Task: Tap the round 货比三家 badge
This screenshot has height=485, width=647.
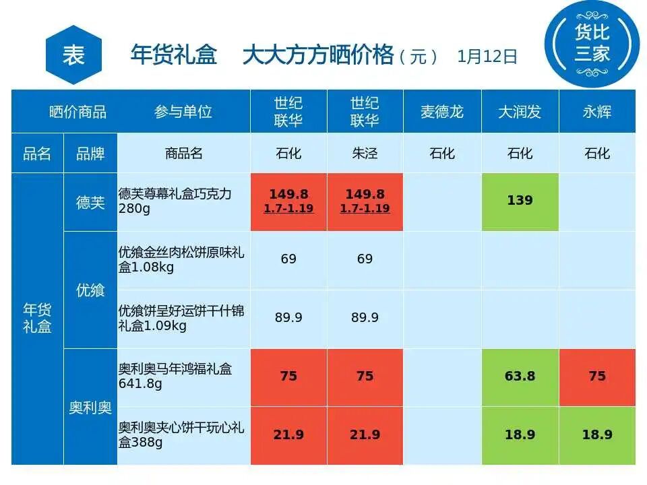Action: [x=592, y=43]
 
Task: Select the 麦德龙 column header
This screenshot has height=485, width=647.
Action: [x=441, y=112]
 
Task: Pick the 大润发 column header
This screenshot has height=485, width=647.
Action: [x=520, y=112]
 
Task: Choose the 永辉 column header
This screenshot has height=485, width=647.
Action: [x=597, y=112]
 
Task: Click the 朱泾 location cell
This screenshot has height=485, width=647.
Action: [x=365, y=154]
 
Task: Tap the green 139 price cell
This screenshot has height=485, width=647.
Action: [x=520, y=201]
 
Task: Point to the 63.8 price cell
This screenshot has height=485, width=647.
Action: [x=520, y=376]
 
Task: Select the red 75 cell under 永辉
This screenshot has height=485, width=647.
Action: [x=597, y=376]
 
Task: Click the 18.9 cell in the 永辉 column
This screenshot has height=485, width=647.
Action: [x=597, y=435]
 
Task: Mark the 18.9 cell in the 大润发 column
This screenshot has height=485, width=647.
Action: [x=520, y=435]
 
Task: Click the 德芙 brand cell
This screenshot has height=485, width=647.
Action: [x=90, y=202]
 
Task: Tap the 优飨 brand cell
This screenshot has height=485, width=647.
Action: [x=90, y=290]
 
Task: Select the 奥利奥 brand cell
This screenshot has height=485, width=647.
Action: [x=90, y=408]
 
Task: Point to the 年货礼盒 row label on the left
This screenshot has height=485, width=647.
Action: [x=37, y=319]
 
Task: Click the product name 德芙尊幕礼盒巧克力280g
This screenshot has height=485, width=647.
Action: [x=175, y=201]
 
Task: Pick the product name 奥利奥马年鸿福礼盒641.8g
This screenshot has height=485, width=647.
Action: [x=175, y=376]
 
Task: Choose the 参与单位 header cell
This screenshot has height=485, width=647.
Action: [x=183, y=112]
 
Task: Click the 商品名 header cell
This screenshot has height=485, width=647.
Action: [x=183, y=154]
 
